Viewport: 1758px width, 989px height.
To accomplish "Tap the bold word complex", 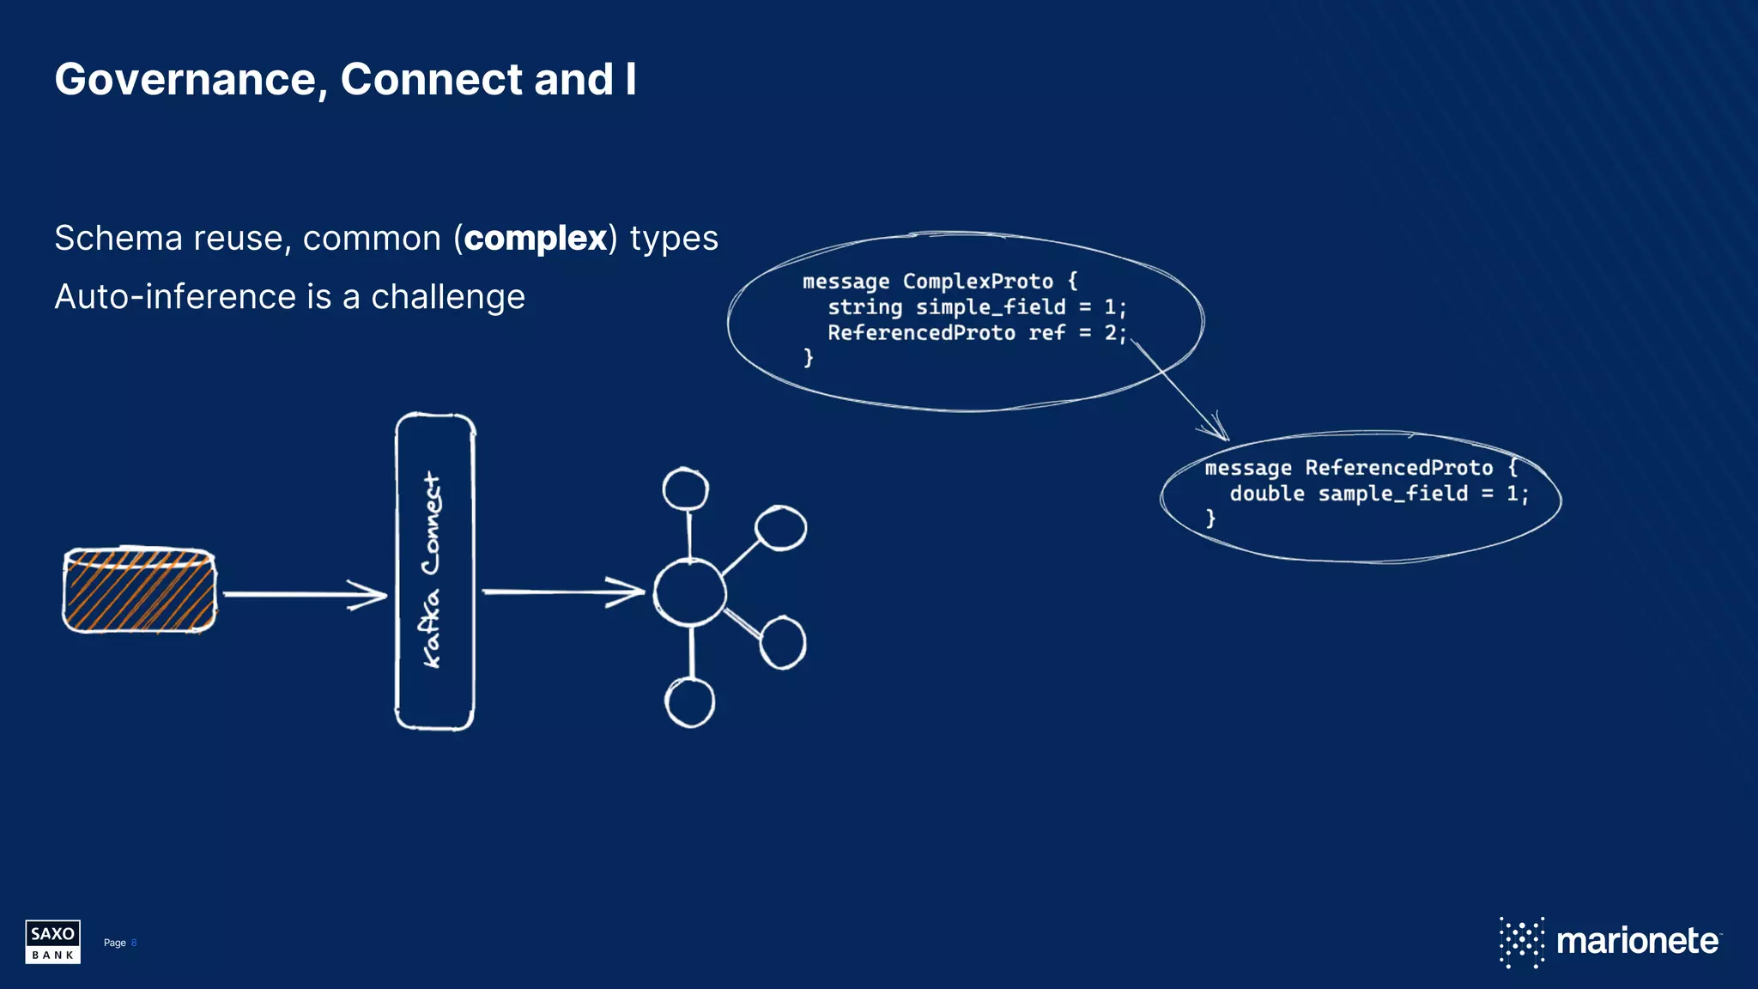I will click(x=536, y=239).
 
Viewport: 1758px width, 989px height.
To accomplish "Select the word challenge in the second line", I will click(x=447, y=297).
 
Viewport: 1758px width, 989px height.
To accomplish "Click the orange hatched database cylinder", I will click(x=140, y=591).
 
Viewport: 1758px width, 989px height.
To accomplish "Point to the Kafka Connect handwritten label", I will click(x=432, y=570).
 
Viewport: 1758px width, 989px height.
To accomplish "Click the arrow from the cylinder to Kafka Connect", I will click(x=305, y=594).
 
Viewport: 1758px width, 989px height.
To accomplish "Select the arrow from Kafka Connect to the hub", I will click(x=562, y=592).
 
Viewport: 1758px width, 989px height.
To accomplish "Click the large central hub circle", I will click(x=689, y=592).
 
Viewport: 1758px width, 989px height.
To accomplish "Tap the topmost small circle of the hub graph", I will click(x=685, y=490).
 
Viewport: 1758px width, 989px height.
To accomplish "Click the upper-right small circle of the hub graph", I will click(x=780, y=527).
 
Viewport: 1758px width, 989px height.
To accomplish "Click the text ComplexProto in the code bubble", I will click(x=977, y=282).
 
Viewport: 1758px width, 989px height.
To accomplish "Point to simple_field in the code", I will click(x=990, y=307).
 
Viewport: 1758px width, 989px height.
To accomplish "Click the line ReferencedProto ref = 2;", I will click(x=976, y=333).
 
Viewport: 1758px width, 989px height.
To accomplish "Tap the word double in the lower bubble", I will click(x=1266, y=494).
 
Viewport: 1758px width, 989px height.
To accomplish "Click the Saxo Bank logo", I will click(x=52, y=942).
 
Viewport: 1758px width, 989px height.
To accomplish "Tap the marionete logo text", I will click(x=1636, y=941).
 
